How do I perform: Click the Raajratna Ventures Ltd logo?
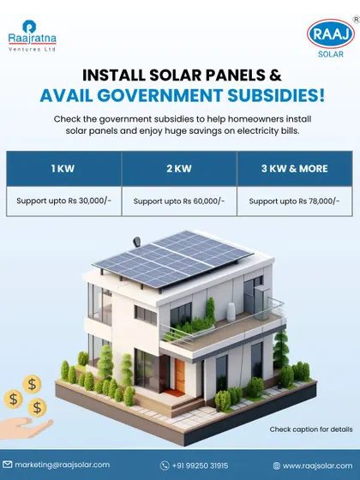33,36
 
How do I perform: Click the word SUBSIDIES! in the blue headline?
276,95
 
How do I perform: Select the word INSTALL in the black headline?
113,75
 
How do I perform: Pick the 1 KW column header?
63,169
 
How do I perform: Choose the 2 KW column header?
179,169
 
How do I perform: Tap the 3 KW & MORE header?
295,169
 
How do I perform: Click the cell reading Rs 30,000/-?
63,201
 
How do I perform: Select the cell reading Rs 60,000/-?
179,201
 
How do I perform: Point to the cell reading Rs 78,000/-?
295,201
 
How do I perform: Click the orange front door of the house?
180,375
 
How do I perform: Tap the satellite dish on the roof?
137,242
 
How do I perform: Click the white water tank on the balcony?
231,312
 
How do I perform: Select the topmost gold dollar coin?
32,384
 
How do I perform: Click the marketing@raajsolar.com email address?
62,465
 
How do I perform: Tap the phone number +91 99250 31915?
200,465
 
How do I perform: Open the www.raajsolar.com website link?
317,466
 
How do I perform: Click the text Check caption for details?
311,429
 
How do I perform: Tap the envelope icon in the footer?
8,465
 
